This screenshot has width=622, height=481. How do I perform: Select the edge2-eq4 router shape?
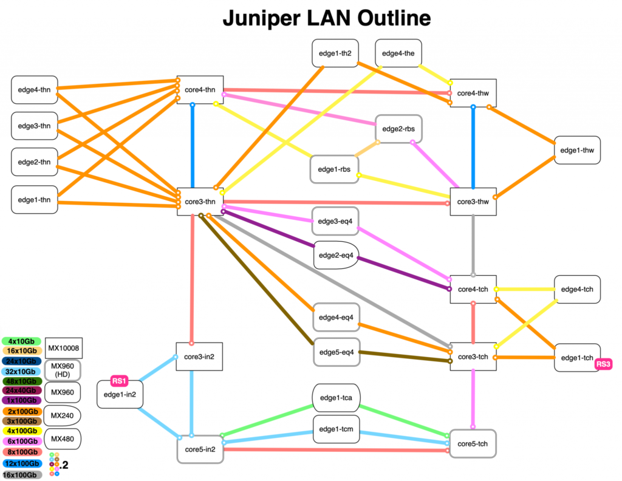[337, 256]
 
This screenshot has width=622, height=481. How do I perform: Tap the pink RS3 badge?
[603, 364]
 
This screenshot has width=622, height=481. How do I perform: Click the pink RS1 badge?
[119, 381]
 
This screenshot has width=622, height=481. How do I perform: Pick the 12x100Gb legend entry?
[21, 464]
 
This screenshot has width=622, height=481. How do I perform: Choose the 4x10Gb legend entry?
[21, 341]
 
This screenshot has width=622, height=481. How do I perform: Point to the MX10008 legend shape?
[64, 348]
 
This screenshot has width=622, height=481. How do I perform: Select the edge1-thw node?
[577, 150]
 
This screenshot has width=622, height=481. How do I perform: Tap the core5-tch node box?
[473, 443]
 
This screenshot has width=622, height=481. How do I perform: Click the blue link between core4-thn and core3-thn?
[193, 146]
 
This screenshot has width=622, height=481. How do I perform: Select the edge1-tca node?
[337, 398]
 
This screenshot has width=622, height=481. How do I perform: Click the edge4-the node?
[398, 53]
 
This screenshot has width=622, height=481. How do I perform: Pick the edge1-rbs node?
[333, 169]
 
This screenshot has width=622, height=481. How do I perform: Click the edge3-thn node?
[35, 126]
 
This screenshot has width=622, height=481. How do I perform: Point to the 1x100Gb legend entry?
[21, 401]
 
